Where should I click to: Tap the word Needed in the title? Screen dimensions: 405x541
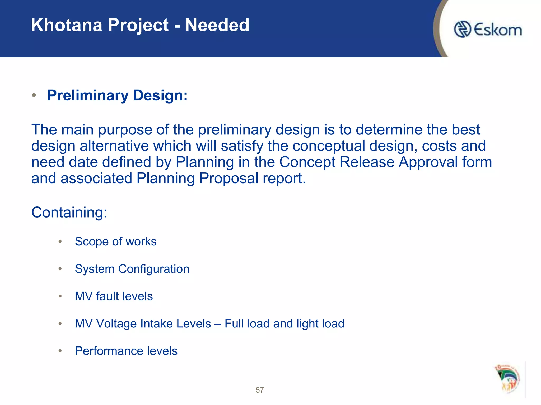[x=217, y=25]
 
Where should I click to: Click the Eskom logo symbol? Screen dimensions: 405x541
[x=463, y=29]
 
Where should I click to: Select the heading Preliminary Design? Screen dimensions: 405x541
[x=117, y=95]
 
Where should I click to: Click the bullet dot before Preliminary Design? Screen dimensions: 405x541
[x=34, y=95]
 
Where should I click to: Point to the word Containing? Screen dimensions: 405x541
[x=69, y=212]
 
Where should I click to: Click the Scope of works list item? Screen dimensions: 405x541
[x=116, y=242]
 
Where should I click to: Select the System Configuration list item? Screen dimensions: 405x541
[x=132, y=269]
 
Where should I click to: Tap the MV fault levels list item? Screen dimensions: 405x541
[x=114, y=296]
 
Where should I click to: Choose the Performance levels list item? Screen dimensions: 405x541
[x=126, y=351]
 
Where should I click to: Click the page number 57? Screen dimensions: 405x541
[x=260, y=390]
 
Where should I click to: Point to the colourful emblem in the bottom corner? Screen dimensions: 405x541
[x=507, y=379]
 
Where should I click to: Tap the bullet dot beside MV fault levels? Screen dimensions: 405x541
[x=60, y=296]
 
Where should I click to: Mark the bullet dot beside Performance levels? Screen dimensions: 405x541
[x=60, y=351]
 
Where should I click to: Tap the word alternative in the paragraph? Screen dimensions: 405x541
[x=114, y=146]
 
